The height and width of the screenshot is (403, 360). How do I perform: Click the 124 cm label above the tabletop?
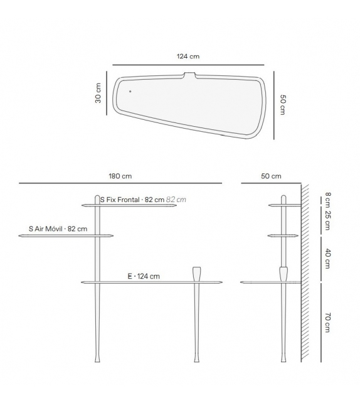[x=188, y=56]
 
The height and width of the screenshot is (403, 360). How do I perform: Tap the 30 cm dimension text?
[x=98, y=93]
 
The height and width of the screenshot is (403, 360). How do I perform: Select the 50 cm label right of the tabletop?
[x=282, y=105]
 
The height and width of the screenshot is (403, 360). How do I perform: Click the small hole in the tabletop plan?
[x=130, y=91]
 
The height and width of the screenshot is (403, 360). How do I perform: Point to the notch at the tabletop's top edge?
[x=190, y=75]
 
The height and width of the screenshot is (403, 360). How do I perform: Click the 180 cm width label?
[x=120, y=176]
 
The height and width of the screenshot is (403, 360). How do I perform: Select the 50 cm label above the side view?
[x=271, y=176]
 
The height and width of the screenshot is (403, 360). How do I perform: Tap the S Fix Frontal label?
[x=132, y=200]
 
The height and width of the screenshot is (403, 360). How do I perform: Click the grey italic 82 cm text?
[x=176, y=200]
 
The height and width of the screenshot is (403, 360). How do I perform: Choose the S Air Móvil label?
[x=58, y=228]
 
